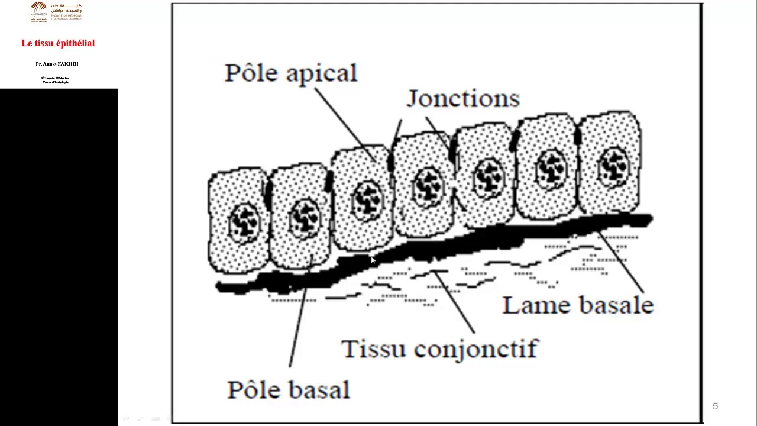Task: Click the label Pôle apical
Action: click(x=291, y=73)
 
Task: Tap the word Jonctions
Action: click(x=463, y=99)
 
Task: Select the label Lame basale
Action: click(x=578, y=305)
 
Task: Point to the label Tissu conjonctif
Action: click(x=439, y=348)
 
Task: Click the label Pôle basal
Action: click(x=289, y=390)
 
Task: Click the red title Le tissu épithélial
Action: click(x=58, y=43)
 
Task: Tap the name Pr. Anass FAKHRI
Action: click(x=57, y=64)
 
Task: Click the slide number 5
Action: click(x=715, y=406)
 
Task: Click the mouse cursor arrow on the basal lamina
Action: click(x=373, y=260)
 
